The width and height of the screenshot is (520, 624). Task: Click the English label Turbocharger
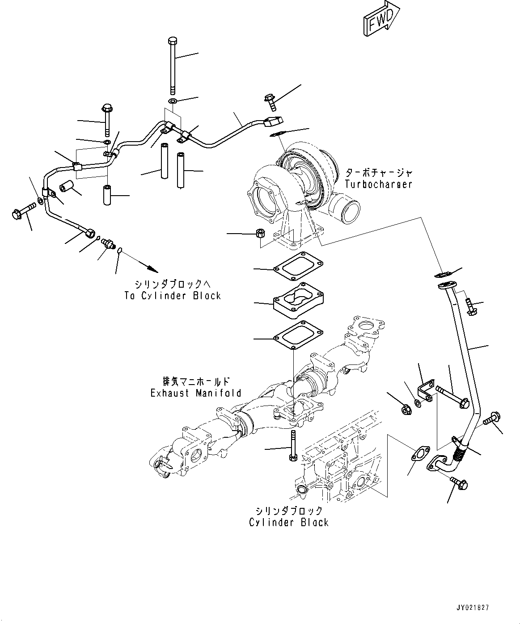pos(378,184)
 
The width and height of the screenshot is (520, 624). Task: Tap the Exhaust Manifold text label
pos(195,393)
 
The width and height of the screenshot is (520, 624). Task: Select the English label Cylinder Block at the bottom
pos(289,522)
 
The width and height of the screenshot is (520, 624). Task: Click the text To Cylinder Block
pos(172,295)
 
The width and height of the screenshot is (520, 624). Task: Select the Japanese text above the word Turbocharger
pos(378,172)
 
